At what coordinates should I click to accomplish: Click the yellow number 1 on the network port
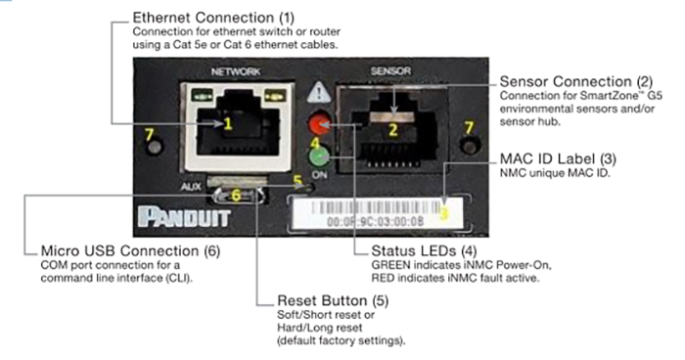tap(226, 124)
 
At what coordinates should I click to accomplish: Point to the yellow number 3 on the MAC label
tap(443, 211)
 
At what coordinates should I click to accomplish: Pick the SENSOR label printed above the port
tap(388, 71)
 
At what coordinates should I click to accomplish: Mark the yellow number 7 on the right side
tap(469, 128)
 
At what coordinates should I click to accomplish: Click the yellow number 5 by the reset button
tap(297, 180)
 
